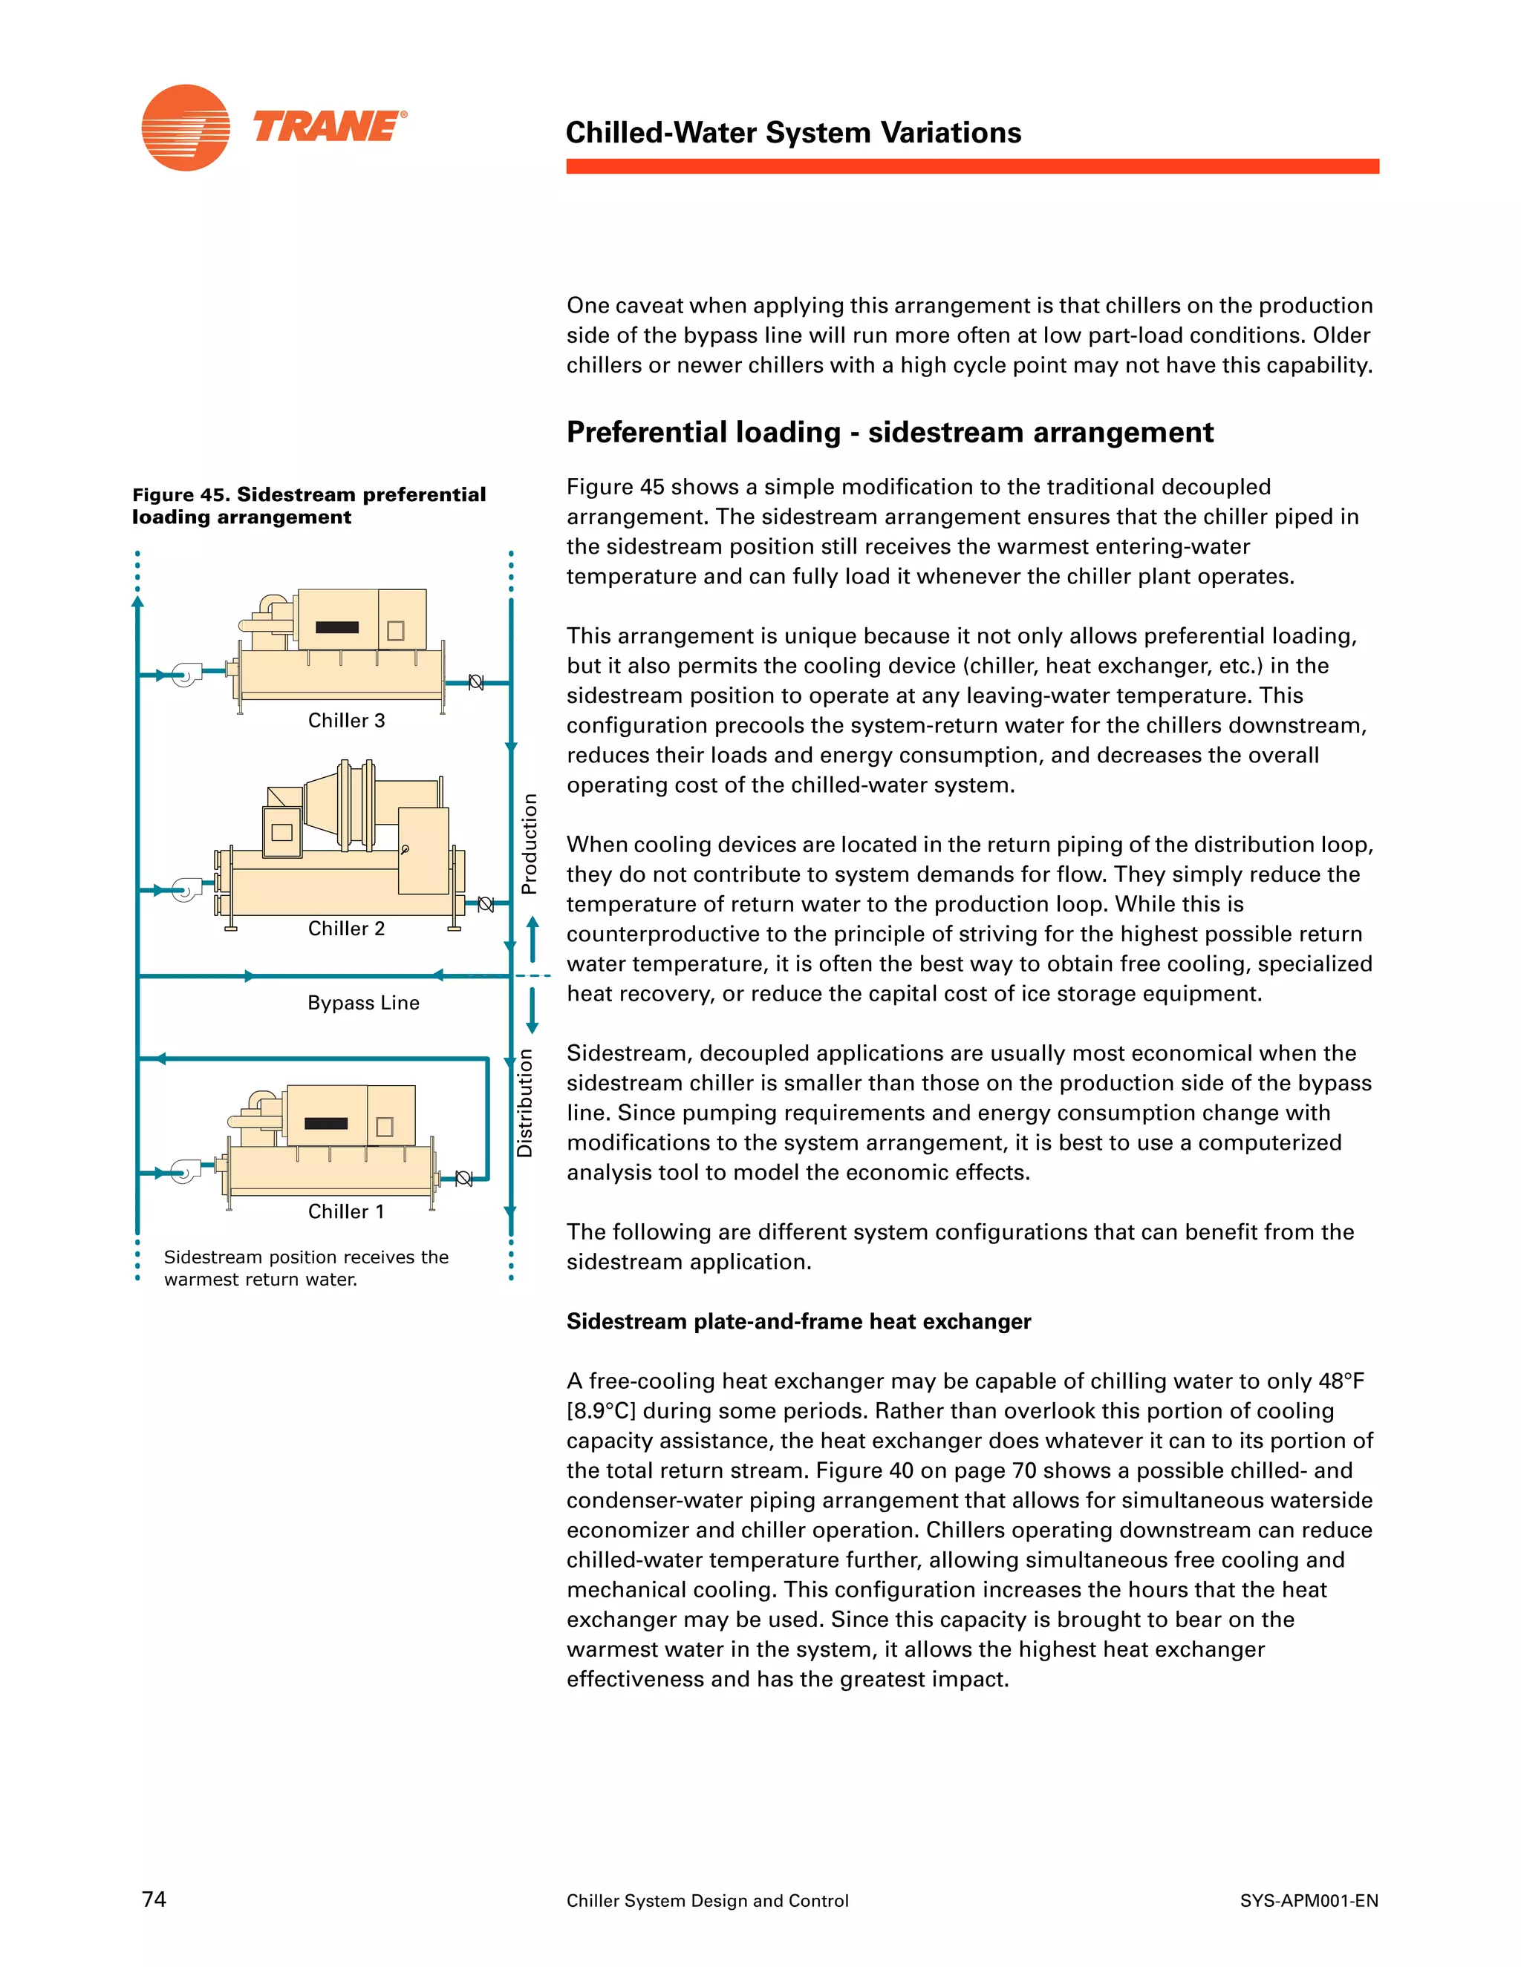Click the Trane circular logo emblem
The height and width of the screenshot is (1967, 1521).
point(186,128)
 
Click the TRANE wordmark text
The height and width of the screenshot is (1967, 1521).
point(329,127)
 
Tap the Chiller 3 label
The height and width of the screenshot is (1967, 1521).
point(346,721)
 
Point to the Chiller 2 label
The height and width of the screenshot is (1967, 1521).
point(346,929)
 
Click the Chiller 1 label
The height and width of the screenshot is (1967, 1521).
point(346,1211)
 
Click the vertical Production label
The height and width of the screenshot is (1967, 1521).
point(529,844)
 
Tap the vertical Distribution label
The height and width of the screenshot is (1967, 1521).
point(524,1103)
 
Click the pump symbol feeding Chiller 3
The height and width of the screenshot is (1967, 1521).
point(187,674)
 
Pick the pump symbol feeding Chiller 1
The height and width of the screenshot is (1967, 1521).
point(186,1173)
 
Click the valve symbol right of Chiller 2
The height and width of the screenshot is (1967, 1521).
point(485,904)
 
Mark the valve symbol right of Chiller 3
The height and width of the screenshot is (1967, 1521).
point(476,683)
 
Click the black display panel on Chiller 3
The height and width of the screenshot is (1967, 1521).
point(337,628)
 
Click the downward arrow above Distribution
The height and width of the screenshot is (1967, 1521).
point(532,1010)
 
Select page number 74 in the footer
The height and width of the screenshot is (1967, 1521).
point(154,1899)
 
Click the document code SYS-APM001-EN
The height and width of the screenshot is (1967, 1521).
point(1309,1900)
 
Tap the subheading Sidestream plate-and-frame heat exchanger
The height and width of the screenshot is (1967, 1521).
point(798,1321)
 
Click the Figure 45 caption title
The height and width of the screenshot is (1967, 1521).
point(308,505)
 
